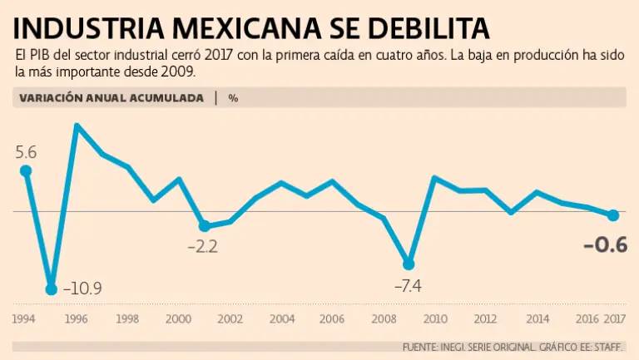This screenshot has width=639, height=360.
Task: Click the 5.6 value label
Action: pyautogui.click(x=26, y=152)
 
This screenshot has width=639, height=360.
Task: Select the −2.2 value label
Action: pyautogui.click(x=202, y=247)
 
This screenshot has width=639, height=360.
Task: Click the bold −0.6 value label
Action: pyautogui.click(x=605, y=245)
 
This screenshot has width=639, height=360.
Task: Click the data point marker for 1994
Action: pyautogui.click(x=26, y=171)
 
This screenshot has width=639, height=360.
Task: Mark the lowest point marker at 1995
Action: pyautogui.click(x=51, y=289)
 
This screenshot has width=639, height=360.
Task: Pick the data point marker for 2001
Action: pyautogui.click(x=204, y=226)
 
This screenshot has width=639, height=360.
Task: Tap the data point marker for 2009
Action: pyautogui.click(x=408, y=264)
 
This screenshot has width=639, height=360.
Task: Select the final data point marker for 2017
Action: pyautogui.click(x=613, y=215)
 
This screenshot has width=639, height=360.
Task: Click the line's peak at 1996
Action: pyautogui.click(x=77, y=126)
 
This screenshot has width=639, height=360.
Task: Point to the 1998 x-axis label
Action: pyautogui.click(x=127, y=319)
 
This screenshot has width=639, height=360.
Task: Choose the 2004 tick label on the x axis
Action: pyautogui.click(x=281, y=319)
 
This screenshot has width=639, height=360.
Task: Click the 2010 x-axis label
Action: pyautogui.click(x=434, y=319)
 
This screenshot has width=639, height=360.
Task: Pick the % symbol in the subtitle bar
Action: pyautogui.click(x=233, y=97)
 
